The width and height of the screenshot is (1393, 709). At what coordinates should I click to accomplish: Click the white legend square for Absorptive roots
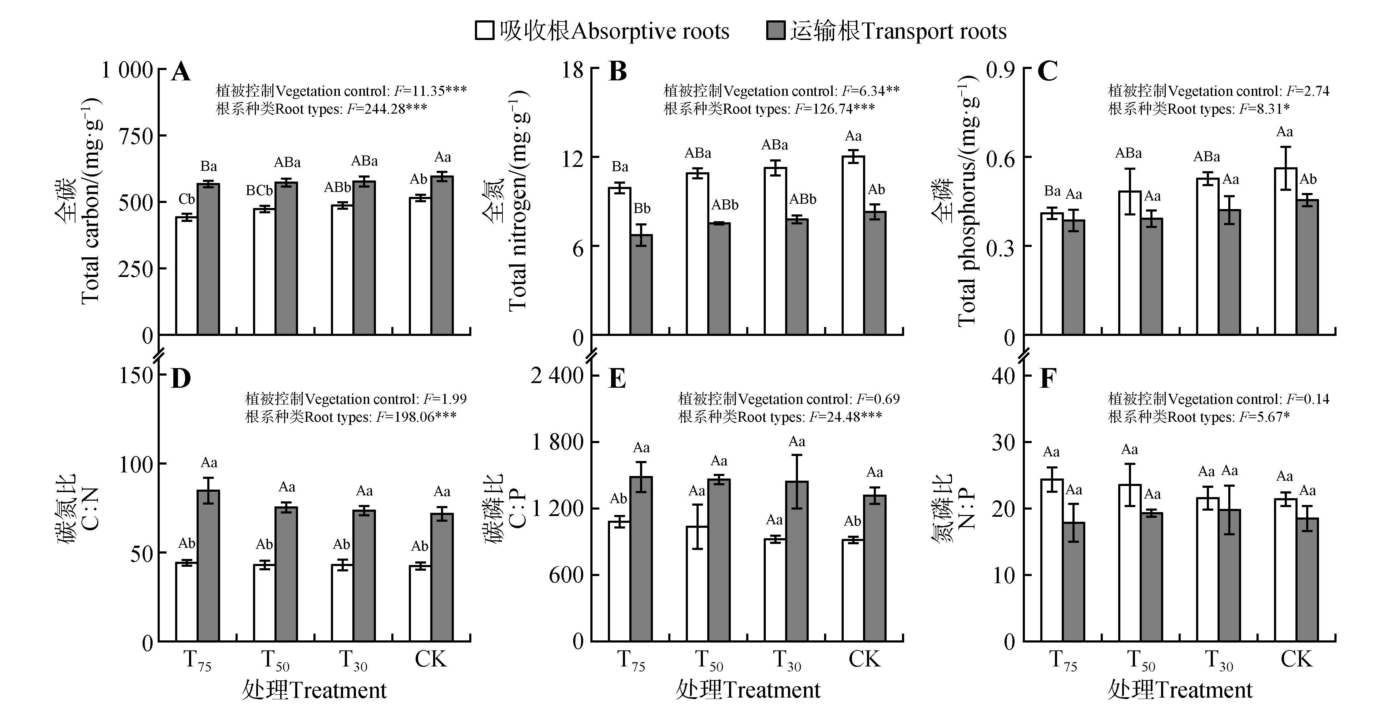(x=485, y=30)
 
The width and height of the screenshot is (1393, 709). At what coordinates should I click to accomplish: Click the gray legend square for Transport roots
(x=776, y=30)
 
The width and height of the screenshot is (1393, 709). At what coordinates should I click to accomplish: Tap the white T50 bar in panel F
(x=1130, y=562)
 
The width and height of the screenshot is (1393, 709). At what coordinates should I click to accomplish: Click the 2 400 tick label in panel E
(x=557, y=375)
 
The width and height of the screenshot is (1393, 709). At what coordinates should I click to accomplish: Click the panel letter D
(x=180, y=378)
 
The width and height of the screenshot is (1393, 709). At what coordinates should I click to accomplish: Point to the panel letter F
(x=1047, y=378)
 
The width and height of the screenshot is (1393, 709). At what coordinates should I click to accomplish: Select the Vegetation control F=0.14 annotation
(x=1218, y=399)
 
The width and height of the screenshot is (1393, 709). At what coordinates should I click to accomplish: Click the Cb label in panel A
(x=187, y=199)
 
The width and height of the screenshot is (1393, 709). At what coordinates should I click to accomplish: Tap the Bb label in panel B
(x=642, y=208)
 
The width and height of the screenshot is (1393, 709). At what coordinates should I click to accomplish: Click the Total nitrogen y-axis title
(x=517, y=200)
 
